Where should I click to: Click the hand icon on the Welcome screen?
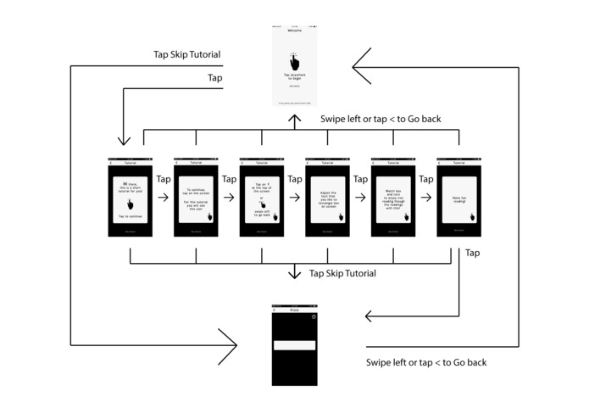coord(293,62)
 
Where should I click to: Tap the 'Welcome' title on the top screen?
coord(293,31)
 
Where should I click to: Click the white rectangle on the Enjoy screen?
coord(294,345)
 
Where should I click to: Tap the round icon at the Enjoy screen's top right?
coord(314,316)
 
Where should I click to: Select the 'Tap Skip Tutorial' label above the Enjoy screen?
coord(342,274)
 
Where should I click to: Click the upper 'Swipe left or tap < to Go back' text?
coord(380,120)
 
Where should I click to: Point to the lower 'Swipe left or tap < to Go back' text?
coord(426,362)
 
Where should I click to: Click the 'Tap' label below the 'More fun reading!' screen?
coord(472,253)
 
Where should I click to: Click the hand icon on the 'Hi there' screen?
coord(130,205)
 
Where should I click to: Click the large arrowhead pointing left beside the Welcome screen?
coord(362,65)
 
